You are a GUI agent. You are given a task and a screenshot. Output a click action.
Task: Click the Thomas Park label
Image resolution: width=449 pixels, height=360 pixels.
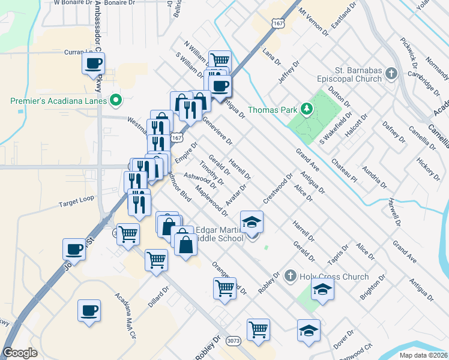273,110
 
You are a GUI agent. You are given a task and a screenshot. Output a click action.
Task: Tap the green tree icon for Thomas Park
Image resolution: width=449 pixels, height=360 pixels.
307,109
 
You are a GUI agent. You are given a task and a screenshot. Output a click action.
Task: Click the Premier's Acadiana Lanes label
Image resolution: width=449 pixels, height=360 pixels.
58,101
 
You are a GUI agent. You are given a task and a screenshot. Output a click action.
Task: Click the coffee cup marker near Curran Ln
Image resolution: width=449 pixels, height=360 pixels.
93,63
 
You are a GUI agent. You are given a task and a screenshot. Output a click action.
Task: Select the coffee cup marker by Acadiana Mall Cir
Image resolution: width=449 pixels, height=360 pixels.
89,311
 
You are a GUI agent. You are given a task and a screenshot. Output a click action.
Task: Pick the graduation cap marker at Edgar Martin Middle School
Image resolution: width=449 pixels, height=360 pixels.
252,221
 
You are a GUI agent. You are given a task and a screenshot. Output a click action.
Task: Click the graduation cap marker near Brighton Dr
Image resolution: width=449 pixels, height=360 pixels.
323,289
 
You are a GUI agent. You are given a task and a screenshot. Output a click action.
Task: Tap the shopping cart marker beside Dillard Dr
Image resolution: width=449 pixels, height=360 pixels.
157,260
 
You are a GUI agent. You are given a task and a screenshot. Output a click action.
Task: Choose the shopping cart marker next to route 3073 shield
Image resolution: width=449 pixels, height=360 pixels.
258,328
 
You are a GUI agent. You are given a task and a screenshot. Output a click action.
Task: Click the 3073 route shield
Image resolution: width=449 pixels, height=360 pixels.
234,341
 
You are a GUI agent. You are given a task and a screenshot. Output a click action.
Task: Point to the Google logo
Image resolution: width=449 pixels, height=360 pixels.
20,353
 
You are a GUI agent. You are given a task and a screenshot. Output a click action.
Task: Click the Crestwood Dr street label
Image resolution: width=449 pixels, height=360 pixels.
278,188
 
